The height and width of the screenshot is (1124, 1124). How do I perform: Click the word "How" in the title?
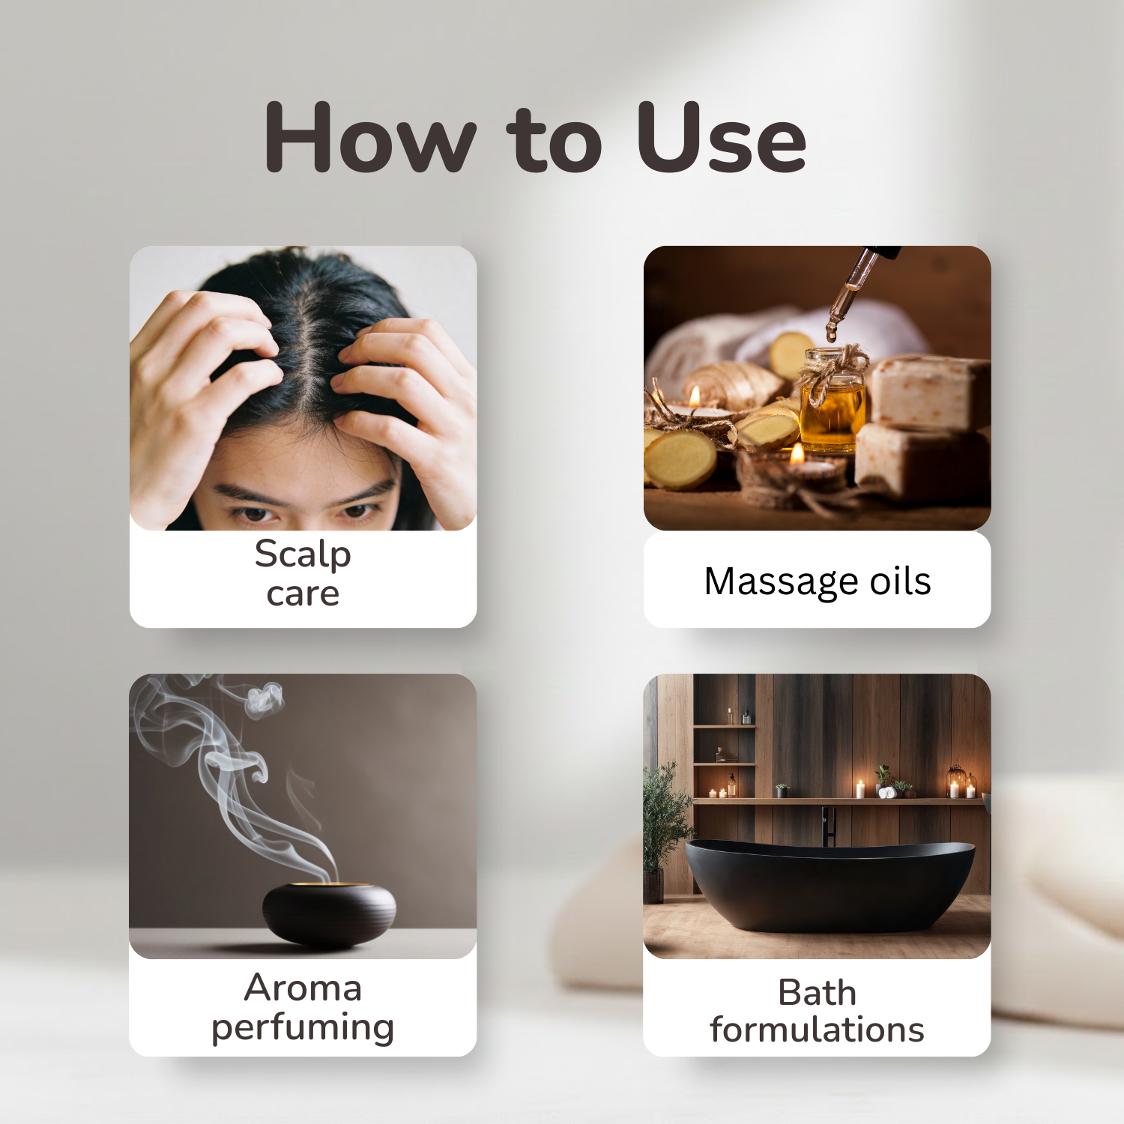tap(370, 138)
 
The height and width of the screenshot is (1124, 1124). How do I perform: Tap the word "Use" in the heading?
tap(721, 138)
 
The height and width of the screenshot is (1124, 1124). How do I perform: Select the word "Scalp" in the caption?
tap(303, 555)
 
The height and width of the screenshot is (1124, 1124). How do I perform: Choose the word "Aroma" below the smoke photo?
tap(303, 988)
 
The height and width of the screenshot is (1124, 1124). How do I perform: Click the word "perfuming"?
tap(303, 1027)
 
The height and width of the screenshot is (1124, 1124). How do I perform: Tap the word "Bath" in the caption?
tap(817, 993)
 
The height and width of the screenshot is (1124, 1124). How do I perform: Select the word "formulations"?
tap(817, 1030)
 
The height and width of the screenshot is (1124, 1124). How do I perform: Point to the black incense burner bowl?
tap(329, 912)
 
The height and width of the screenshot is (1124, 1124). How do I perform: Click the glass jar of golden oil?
tap(832, 405)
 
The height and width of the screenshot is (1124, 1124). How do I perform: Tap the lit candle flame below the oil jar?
tap(797, 453)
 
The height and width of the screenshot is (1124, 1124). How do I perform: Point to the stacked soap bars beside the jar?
tap(925, 427)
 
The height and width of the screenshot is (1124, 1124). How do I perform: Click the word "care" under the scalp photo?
tap(303, 594)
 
